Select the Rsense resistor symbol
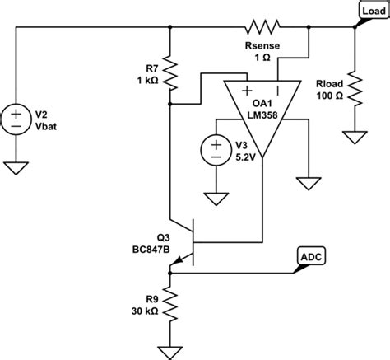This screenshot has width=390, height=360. click(265, 26)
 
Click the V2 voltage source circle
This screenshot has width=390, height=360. click(16, 119)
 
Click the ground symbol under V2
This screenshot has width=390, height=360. click(16, 168)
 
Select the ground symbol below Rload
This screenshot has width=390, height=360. click(355, 136)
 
